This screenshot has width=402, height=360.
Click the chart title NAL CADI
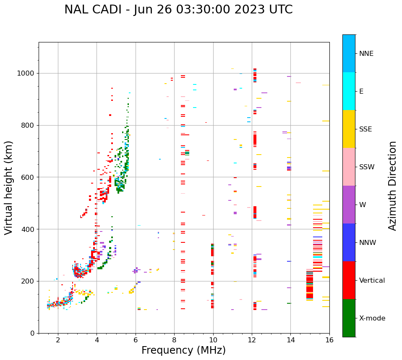[x=178, y=10]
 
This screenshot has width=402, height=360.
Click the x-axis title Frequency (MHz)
[x=183, y=350]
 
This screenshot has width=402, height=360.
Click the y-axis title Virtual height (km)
[x=9, y=187]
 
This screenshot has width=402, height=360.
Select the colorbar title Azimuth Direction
[x=392, y=185]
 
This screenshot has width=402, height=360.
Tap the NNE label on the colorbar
[x=366, y=54]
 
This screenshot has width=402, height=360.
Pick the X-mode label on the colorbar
[x=372, y=318]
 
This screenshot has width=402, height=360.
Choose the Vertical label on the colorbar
[x=372, y=281]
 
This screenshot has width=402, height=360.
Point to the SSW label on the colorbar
[x=367, y=167]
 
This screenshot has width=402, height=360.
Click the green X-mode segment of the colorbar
[x=349, y=318]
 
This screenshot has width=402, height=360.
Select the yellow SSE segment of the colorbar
[x=349, y=129]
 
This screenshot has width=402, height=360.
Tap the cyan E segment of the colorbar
[x=349, y=91]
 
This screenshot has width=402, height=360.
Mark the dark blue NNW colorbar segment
[x=349, y=242]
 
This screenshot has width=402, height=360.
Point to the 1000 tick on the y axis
[x=26, y=74]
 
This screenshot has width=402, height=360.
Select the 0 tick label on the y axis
[x=32, y=333]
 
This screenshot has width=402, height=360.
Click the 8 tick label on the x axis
[x=175, y=339]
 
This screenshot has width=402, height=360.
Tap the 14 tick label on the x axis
[x=290, y=339]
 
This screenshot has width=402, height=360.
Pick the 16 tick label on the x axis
[x=329, y=339]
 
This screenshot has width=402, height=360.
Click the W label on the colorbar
[x=363, y=205]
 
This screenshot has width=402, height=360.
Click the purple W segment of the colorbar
[x=349, y=205]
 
